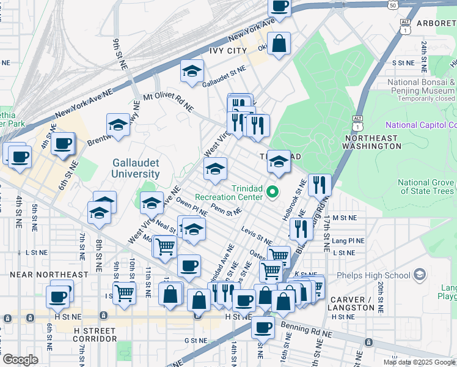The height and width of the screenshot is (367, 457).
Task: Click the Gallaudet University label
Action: pos(136,168)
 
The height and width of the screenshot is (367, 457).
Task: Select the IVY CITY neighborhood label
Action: pos(228,51)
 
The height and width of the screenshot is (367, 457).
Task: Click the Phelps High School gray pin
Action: pos(419,274)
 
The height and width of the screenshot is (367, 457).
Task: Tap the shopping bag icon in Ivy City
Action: pos(279,44)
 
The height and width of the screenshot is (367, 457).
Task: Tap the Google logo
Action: pos(20,360)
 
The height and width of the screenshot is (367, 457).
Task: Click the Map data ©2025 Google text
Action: pos(419,362)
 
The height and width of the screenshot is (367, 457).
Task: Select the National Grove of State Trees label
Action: pos(426,187)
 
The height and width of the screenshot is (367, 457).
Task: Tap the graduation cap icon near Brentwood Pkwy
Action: pos(119,125)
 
